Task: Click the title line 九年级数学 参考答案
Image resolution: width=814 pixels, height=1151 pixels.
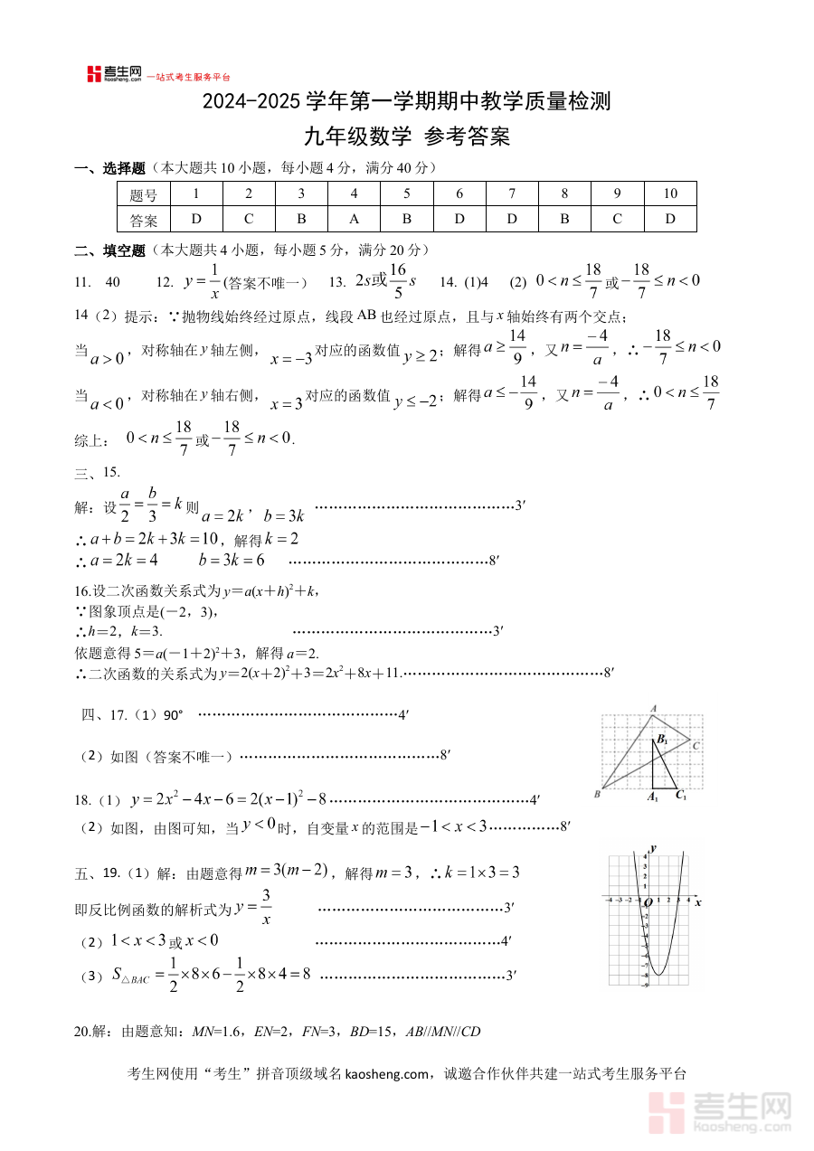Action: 406,137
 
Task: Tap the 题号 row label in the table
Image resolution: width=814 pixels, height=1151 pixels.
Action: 144,194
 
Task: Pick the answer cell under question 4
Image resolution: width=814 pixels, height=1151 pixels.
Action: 354,219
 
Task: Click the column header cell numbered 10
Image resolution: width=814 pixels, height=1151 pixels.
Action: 670,193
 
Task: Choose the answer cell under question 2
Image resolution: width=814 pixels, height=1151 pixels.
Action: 249,219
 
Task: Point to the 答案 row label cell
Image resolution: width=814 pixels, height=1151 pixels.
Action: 144,220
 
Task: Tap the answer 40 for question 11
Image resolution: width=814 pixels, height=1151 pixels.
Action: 113,282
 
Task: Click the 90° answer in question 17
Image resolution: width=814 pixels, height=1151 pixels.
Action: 173,715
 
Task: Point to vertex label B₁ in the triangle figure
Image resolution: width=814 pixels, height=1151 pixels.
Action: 663,740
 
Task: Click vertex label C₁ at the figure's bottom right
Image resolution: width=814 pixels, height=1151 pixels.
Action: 681,797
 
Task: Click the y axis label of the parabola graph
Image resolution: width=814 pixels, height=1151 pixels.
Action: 653,846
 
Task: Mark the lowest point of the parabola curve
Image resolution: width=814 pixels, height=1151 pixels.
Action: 659,975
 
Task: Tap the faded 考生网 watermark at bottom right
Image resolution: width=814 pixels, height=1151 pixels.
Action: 724,1110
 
